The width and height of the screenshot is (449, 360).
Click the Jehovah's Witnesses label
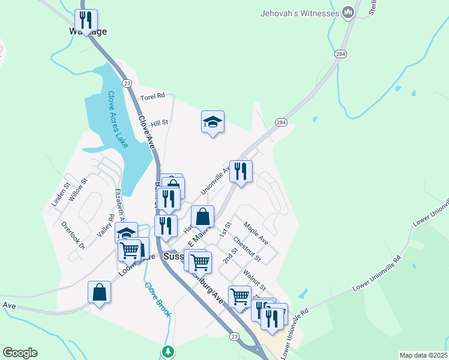(300, 13)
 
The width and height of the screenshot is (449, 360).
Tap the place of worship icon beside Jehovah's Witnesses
(348, 13)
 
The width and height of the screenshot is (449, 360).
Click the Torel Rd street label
(152, 97)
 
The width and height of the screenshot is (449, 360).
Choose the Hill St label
(160, 123)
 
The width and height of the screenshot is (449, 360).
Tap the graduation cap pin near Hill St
(212, 122)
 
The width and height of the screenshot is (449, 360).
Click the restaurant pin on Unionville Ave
(241, 171)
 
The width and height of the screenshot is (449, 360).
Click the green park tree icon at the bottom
(169, 351)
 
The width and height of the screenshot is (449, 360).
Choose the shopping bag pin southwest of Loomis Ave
(100, 292)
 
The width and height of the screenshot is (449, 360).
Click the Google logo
(20, 353)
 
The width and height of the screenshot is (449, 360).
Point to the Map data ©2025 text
(423, 355)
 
